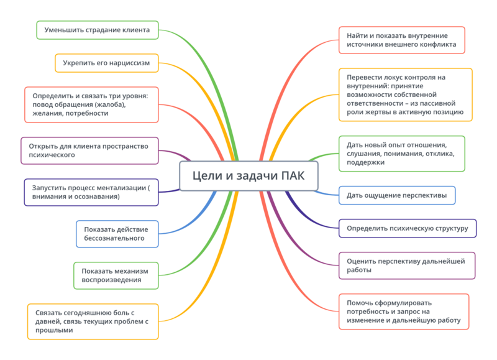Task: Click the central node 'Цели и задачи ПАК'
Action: point(248,175)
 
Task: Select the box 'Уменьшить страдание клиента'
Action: point(98,29)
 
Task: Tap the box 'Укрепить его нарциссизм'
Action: point(106,63)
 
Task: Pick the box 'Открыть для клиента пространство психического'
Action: point(89,150)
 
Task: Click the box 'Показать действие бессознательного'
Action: point(117,233)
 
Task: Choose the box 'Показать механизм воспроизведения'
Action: point(116,275)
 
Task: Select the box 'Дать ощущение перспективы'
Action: point(396,195)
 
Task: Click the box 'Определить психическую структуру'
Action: point(407,228)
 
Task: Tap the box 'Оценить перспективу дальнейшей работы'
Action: point(406,265)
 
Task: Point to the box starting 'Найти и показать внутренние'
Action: point(401,40)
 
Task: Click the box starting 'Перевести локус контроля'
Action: point(405,95)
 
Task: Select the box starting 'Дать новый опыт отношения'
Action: point(401,154)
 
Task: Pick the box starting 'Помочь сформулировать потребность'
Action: point(404,312)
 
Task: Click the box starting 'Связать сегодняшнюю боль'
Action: point(93,321)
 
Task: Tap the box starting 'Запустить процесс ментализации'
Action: point(91,192)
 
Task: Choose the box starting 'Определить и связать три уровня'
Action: point(92,104)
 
